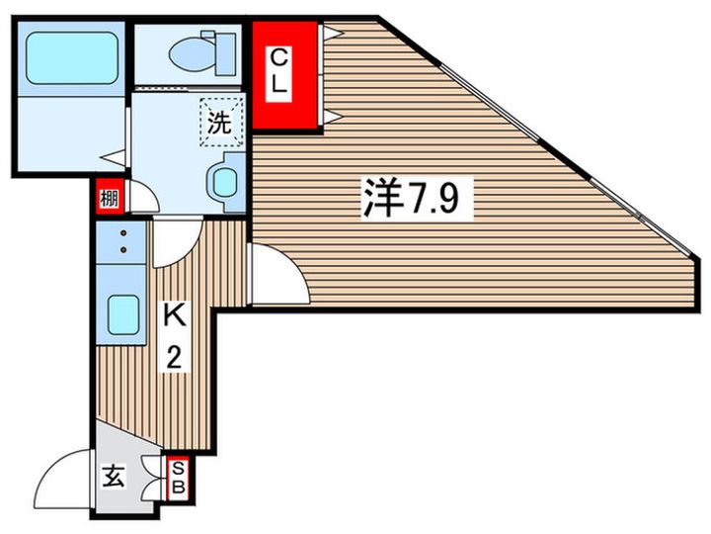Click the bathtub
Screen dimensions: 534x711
tap(69, 57)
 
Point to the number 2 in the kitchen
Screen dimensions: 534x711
tap(174, 357)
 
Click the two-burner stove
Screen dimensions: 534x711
tap(122, 242)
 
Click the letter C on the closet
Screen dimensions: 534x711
tap(280, 55)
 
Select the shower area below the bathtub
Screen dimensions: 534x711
tap(69, 133)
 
